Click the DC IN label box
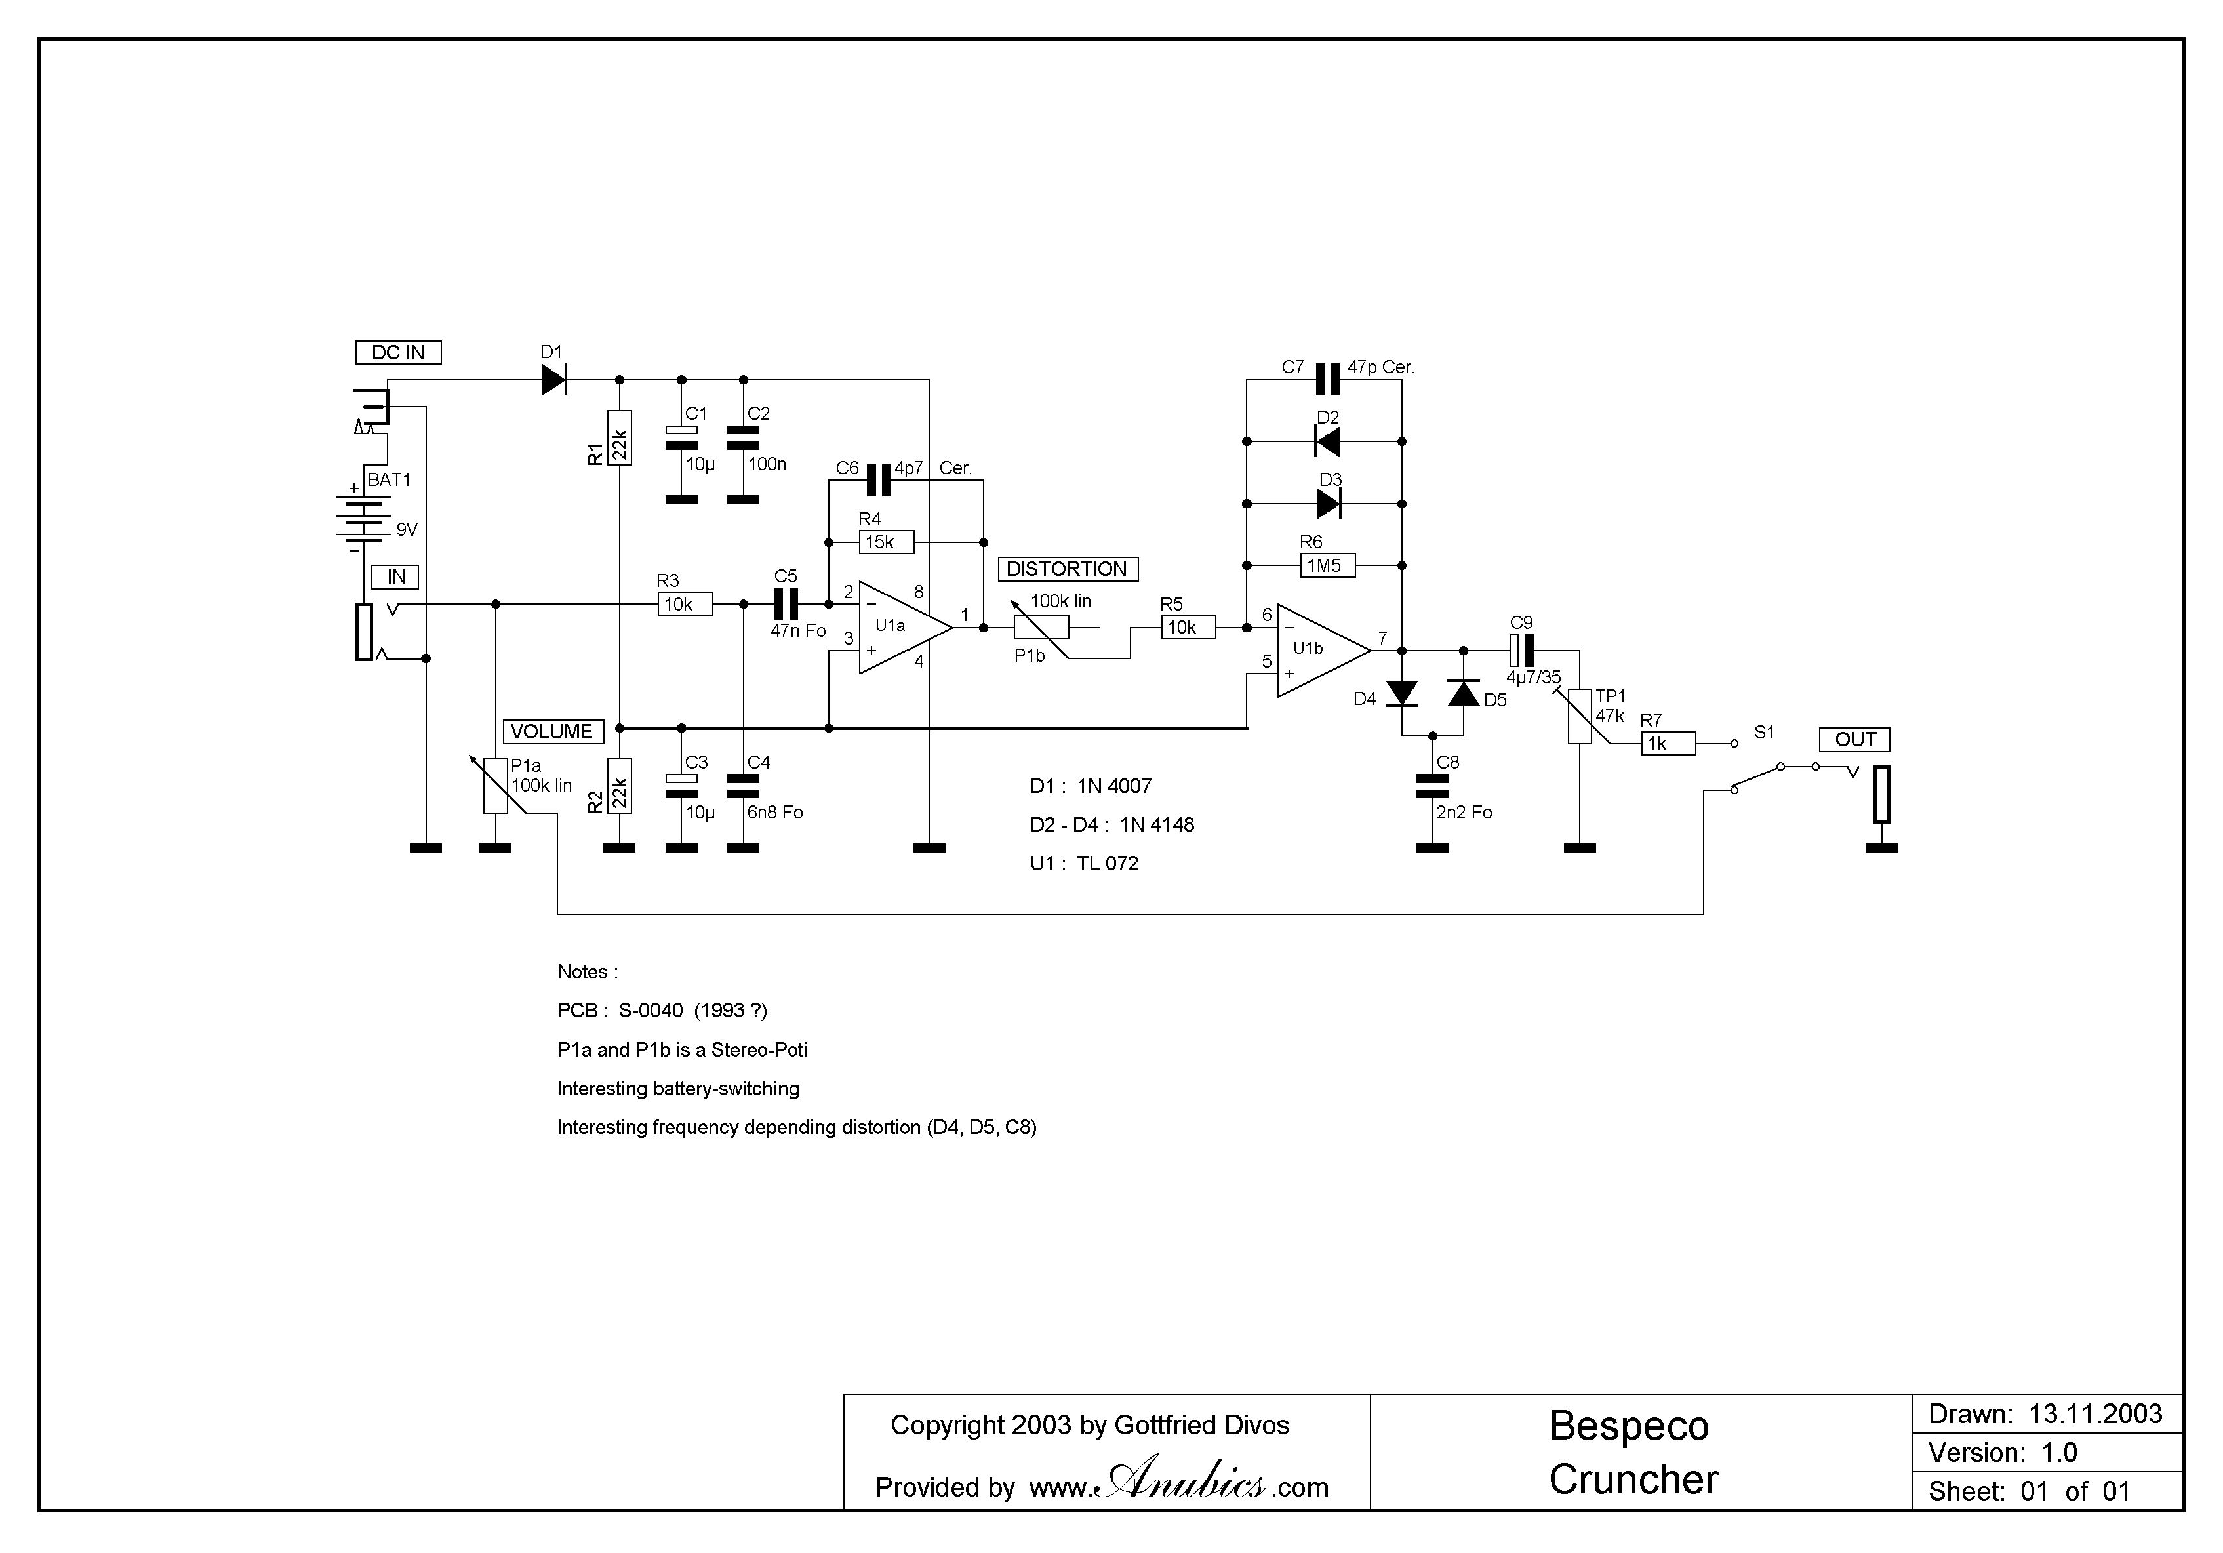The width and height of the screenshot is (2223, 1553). (x=398, y=352)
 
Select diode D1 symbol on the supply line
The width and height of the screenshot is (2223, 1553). (x=554, y=380)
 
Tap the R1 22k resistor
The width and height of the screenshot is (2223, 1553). (x=620, y=439)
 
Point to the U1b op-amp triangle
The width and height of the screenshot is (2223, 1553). (x=1319, y=650)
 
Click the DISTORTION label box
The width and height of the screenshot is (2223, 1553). (x=1067, y=569)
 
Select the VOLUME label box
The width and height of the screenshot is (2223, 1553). (x=552, y=732)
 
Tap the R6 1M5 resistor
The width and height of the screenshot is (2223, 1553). (x=1327, y=565)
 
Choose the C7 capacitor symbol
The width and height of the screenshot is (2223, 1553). (x=1327, y=380)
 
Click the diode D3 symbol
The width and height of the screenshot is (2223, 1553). (x=1329, y=504)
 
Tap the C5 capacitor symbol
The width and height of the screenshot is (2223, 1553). (x=785, y=604)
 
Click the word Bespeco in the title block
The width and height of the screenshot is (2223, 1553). (x=1628, y=1426)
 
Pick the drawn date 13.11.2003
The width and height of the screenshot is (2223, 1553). (x=2095, y=1415)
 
